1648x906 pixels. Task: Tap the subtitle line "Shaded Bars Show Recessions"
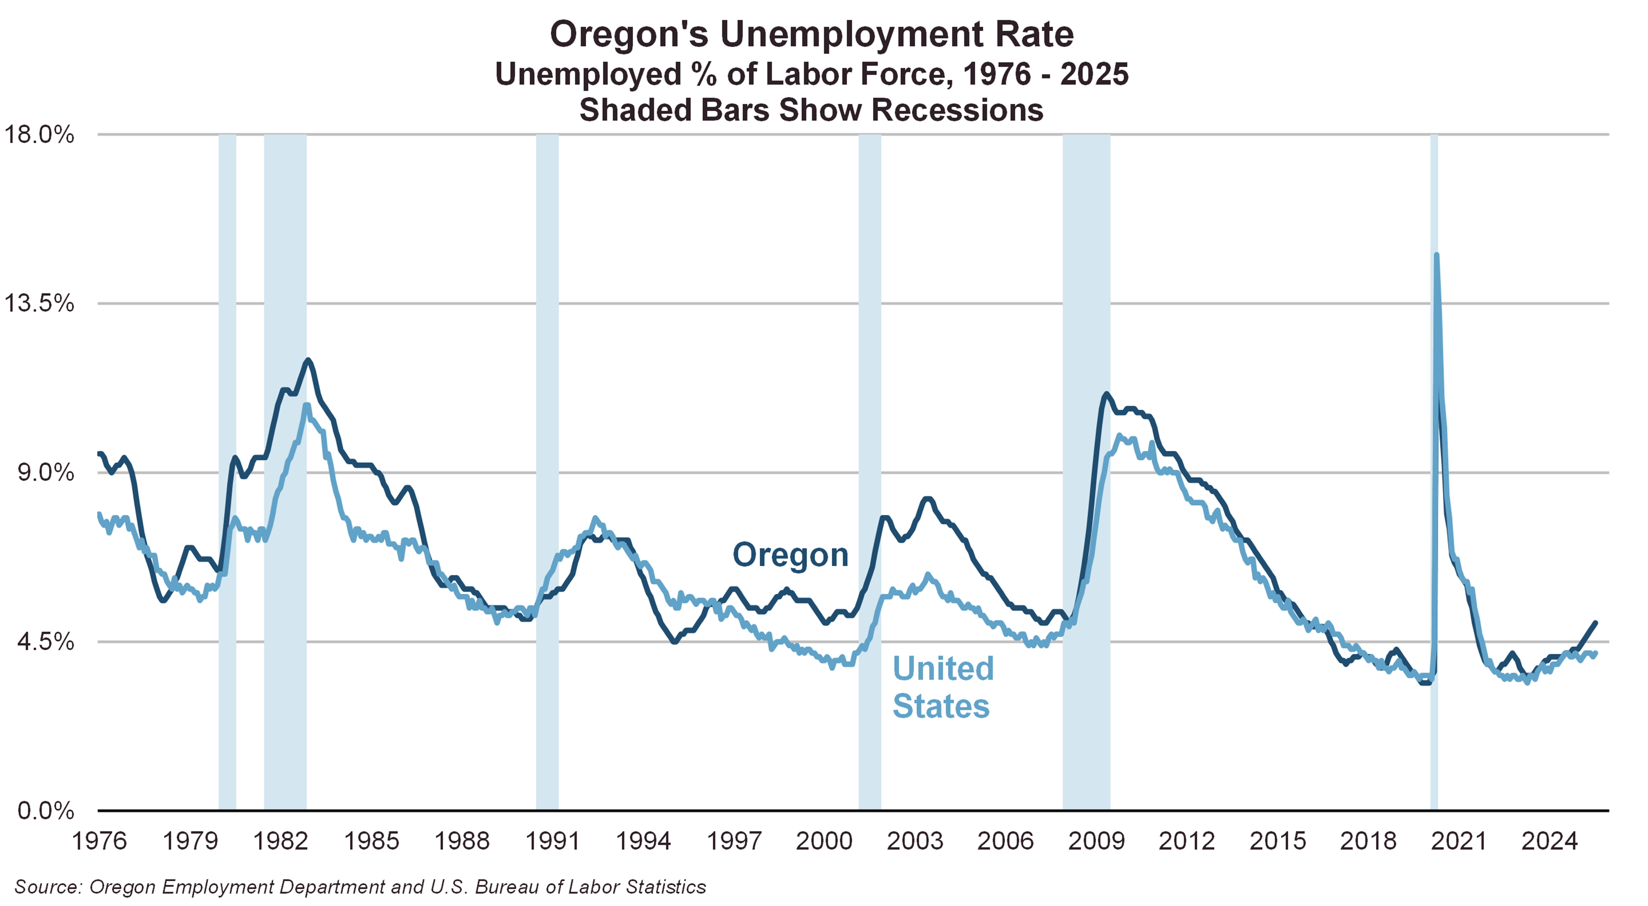click(811, 110)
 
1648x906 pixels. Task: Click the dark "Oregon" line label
click(790, 555)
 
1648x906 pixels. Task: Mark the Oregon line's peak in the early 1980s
click(308, 360)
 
